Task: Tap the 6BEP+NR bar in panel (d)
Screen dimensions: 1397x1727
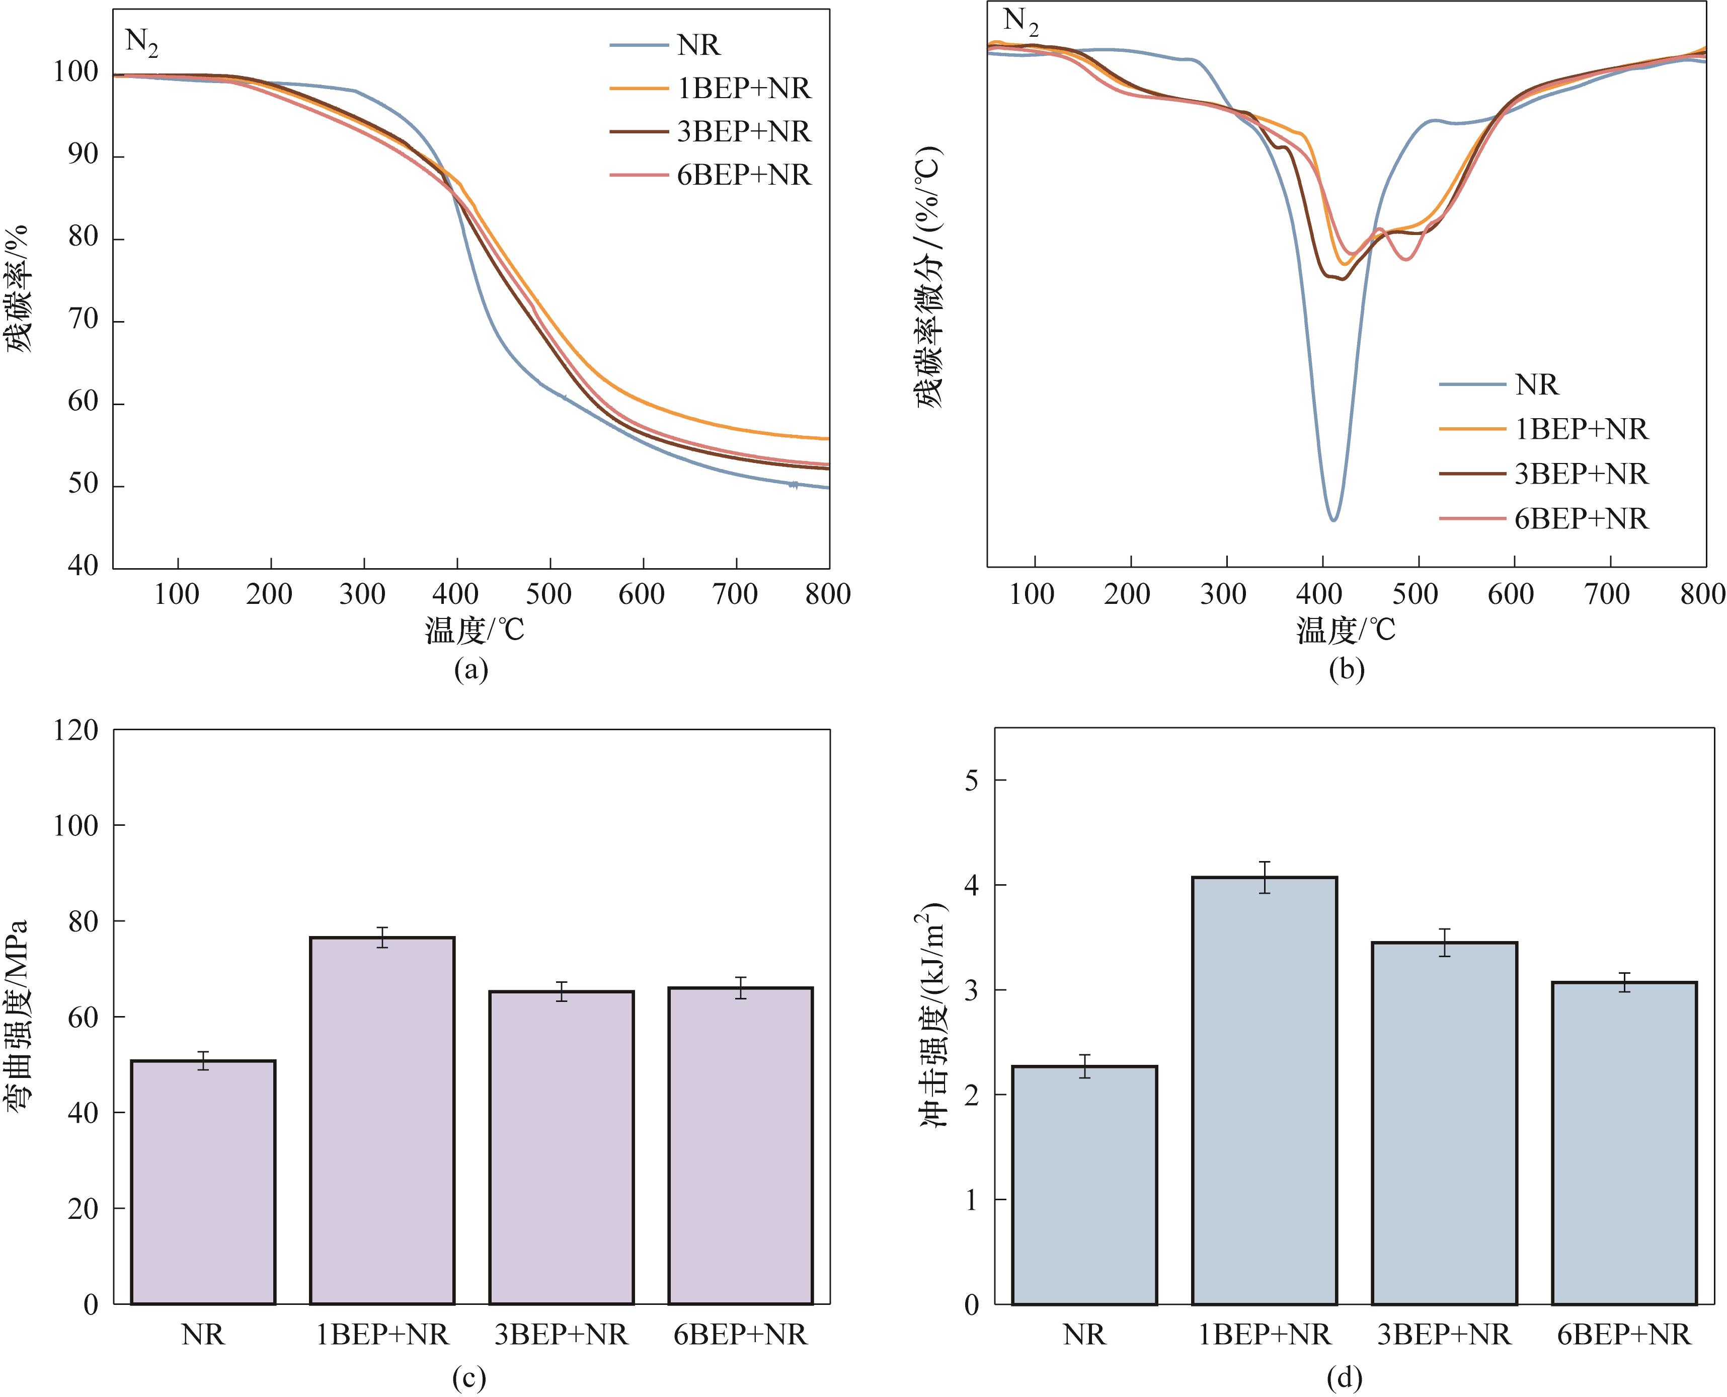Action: (1624, 1143)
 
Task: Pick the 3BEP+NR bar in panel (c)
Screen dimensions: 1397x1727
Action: (561, 1147)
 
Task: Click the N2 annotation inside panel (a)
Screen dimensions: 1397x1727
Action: (141, 42)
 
